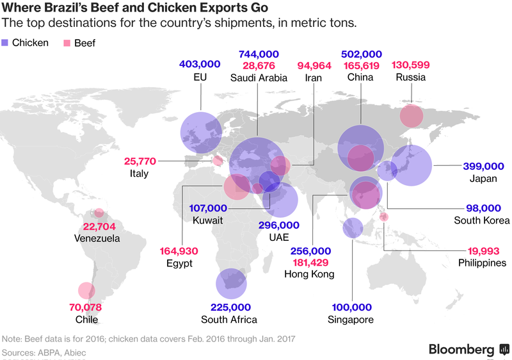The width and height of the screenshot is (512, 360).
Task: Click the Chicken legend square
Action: click(x=6, y=43)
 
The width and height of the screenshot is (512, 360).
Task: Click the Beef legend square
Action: click(x=65, y=43)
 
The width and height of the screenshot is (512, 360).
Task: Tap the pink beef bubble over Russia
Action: click(x=411, y=116)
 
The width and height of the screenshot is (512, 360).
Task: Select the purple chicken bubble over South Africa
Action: click(x=232, y=283)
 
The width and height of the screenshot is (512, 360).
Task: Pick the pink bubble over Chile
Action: click(x=85, y=291)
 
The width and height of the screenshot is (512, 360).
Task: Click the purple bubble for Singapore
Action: click(x=352, y=227)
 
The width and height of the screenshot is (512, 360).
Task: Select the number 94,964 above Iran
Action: click(x=314, y=65)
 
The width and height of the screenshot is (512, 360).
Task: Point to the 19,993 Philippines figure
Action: click(x=483, y=250)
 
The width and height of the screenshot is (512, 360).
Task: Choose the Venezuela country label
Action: click(x=96, y=238)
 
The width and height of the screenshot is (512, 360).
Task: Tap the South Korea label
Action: click(x=482, y=220)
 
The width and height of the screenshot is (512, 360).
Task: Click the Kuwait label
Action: click(x=207, y=220)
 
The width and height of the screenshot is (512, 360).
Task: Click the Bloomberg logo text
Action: click(x=461, y=349)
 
